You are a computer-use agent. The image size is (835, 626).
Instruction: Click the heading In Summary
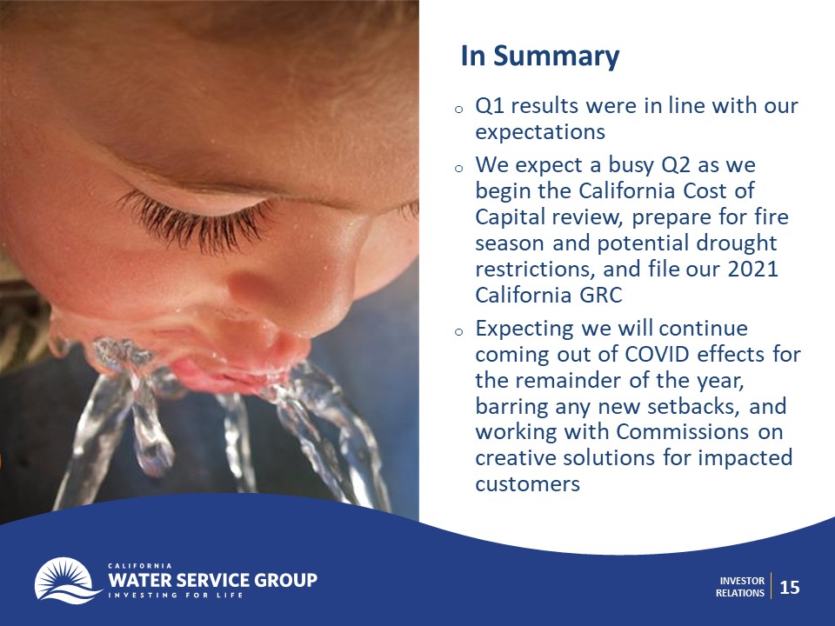pos(540,57)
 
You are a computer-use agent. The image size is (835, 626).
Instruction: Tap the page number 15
pos(790,587)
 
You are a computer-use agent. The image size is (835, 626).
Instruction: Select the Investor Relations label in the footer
pos(740,587)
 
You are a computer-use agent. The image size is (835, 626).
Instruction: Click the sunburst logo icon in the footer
pos(67,581)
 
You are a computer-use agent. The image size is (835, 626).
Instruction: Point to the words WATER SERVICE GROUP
pos(212,580)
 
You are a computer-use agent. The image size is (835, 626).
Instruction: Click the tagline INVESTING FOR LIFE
pos(176,595)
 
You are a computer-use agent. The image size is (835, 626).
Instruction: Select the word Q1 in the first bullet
pos(490,106)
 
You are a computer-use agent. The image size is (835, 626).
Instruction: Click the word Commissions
pos(683,432)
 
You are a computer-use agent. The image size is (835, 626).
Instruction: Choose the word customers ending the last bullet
pos(527,484)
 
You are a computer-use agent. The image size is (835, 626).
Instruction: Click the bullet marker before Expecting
pos(459,331)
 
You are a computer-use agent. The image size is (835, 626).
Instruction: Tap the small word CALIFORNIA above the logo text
pos(140,565)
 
